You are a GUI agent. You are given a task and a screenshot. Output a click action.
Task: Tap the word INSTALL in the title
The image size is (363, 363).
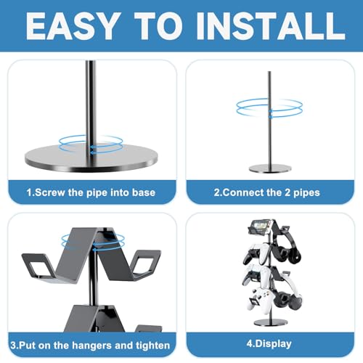click(271, 26)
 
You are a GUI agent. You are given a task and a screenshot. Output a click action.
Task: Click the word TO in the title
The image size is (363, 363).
click(158, 26)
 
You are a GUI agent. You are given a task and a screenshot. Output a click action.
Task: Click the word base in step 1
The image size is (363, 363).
click(144, 192)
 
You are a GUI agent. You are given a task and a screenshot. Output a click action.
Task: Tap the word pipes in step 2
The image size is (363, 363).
click(306, 193)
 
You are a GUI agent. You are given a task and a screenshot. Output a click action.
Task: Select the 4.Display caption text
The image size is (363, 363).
click(269, 344)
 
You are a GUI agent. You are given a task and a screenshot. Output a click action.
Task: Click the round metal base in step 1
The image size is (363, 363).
click(91, 158)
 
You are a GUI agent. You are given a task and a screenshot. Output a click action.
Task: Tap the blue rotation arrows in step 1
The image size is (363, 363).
click(91, 144)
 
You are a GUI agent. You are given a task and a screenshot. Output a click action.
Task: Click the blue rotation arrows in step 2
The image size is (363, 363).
click(269, 108)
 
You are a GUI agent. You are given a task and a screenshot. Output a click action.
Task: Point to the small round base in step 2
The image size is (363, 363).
click(270, 168)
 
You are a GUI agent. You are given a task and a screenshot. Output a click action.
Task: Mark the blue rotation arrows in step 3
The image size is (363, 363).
click(93, 241)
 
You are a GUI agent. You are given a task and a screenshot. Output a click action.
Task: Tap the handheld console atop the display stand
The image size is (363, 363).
click(260, 227)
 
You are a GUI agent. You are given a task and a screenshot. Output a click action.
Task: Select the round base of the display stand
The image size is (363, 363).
click(271, 322)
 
